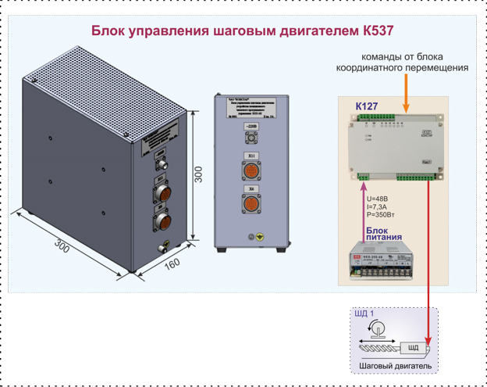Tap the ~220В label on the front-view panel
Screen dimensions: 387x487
(x=251, y=125)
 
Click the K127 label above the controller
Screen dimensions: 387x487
(x=366, y=105)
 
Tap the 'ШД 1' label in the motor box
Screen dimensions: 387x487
(x=364, y=314)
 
